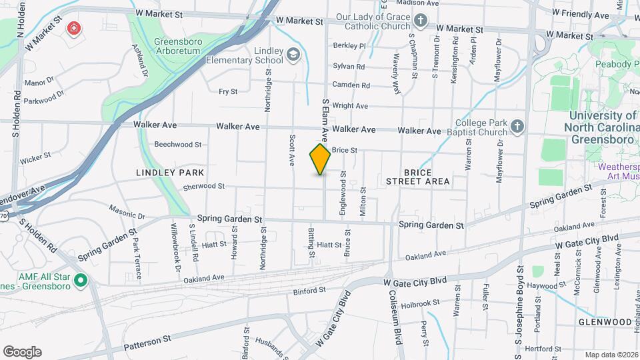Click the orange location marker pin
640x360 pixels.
[x=320, y=160]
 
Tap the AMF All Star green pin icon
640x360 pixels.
[x=81, y=280]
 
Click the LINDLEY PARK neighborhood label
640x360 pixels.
[x=169, y=172]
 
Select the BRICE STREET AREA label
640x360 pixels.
[x=417, y=177]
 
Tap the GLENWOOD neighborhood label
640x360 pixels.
[x=605, y=322]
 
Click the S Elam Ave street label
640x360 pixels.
[x=326, y=114]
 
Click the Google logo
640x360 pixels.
[x=22, y=352]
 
